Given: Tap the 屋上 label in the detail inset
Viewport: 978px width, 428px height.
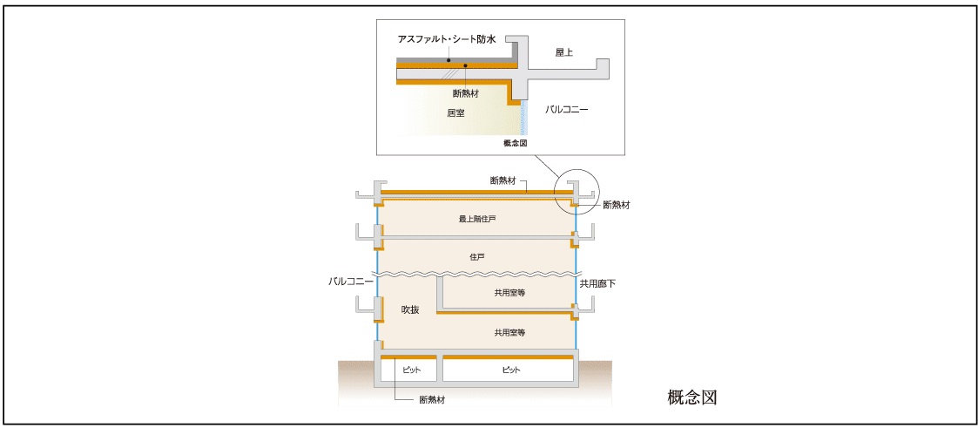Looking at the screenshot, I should click(564, 52).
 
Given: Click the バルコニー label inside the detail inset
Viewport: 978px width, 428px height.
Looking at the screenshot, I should click(567, 110).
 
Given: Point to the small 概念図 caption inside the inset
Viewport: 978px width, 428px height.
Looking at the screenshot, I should click(516, 142).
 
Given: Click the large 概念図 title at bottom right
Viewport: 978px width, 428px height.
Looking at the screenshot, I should click(691, 397).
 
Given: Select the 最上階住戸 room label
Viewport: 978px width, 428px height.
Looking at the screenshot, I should click(477, 219).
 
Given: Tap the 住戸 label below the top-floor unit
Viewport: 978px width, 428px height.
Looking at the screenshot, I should click(476, 257).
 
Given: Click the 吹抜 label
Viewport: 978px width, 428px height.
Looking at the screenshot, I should click(410, 310).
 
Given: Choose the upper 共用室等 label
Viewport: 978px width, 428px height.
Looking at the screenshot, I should click(509, 293).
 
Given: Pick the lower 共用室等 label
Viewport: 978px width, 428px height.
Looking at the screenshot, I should click(509, 332).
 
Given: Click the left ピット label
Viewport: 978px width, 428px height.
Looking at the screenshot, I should click(411, 370).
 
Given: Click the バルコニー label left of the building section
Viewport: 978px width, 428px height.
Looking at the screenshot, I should click(351, 282).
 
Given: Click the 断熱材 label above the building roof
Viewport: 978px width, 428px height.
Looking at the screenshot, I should click(506, 180).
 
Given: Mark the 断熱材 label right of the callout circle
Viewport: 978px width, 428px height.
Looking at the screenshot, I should click(616, 205).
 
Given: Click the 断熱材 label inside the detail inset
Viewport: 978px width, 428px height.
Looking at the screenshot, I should click(466, 93).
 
